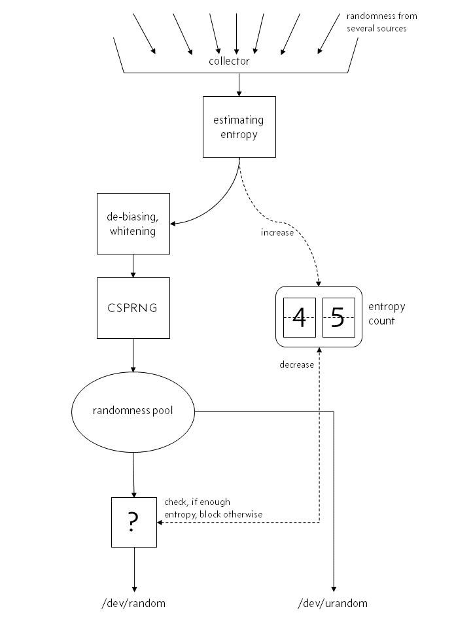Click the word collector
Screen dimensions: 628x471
coord(229,61)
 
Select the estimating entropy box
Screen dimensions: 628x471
coord(239,127)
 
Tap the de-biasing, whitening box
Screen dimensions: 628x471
coord(133,223)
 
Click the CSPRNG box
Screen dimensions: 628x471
coord(133,307)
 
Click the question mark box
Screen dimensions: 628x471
coord(133,521)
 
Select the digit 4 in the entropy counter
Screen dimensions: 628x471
coord(300,317)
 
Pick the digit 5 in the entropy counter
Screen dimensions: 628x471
coord(338,317)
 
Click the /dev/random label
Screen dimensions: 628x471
coord(134,603)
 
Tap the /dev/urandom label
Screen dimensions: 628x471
coord(333,603)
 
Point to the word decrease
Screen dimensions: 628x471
coord(296,365)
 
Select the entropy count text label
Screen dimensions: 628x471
coord(387,313)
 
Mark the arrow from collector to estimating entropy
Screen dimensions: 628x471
coord(239,84)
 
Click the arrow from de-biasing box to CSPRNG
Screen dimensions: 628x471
coord(133,266)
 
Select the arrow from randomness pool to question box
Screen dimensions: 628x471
coord(133,475)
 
